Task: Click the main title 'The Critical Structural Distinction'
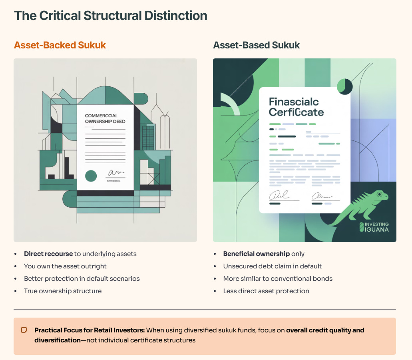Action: coord(111,16)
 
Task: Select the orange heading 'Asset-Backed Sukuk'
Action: coord(60,45)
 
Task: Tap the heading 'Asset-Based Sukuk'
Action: coord(256,45)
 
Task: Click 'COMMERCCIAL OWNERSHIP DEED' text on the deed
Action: coord(105,118)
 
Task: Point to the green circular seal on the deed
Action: coord(91,175)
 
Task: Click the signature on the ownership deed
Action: coord(115,173)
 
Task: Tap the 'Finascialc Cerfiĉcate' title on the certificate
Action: coord(296,107)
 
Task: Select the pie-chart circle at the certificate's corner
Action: coord(344,86)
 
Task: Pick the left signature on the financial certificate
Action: coord(280,196)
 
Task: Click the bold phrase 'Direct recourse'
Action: coord(48,254)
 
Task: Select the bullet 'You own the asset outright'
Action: coord(65,266)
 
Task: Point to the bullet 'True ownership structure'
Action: coord(63,291)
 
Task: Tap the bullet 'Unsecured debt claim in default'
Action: coord(273,266)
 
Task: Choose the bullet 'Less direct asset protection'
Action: coord(266,291)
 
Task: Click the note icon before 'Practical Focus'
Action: coord(24,330)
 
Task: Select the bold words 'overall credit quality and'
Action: coord(325,330)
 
